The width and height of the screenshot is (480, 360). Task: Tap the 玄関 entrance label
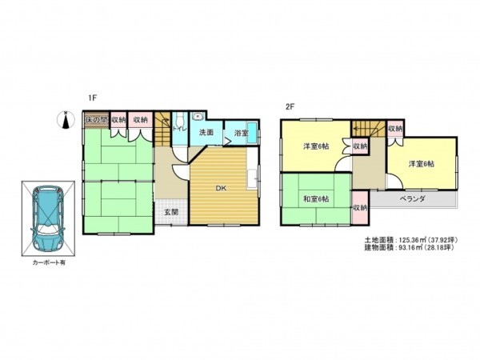171,212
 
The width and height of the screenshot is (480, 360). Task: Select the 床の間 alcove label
96,120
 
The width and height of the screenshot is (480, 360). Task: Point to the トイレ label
179,129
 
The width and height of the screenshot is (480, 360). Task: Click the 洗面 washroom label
206,132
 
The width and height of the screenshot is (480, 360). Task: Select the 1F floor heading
93,98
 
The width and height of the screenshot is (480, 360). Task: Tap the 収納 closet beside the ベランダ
360,207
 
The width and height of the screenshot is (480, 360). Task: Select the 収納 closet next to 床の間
119,120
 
